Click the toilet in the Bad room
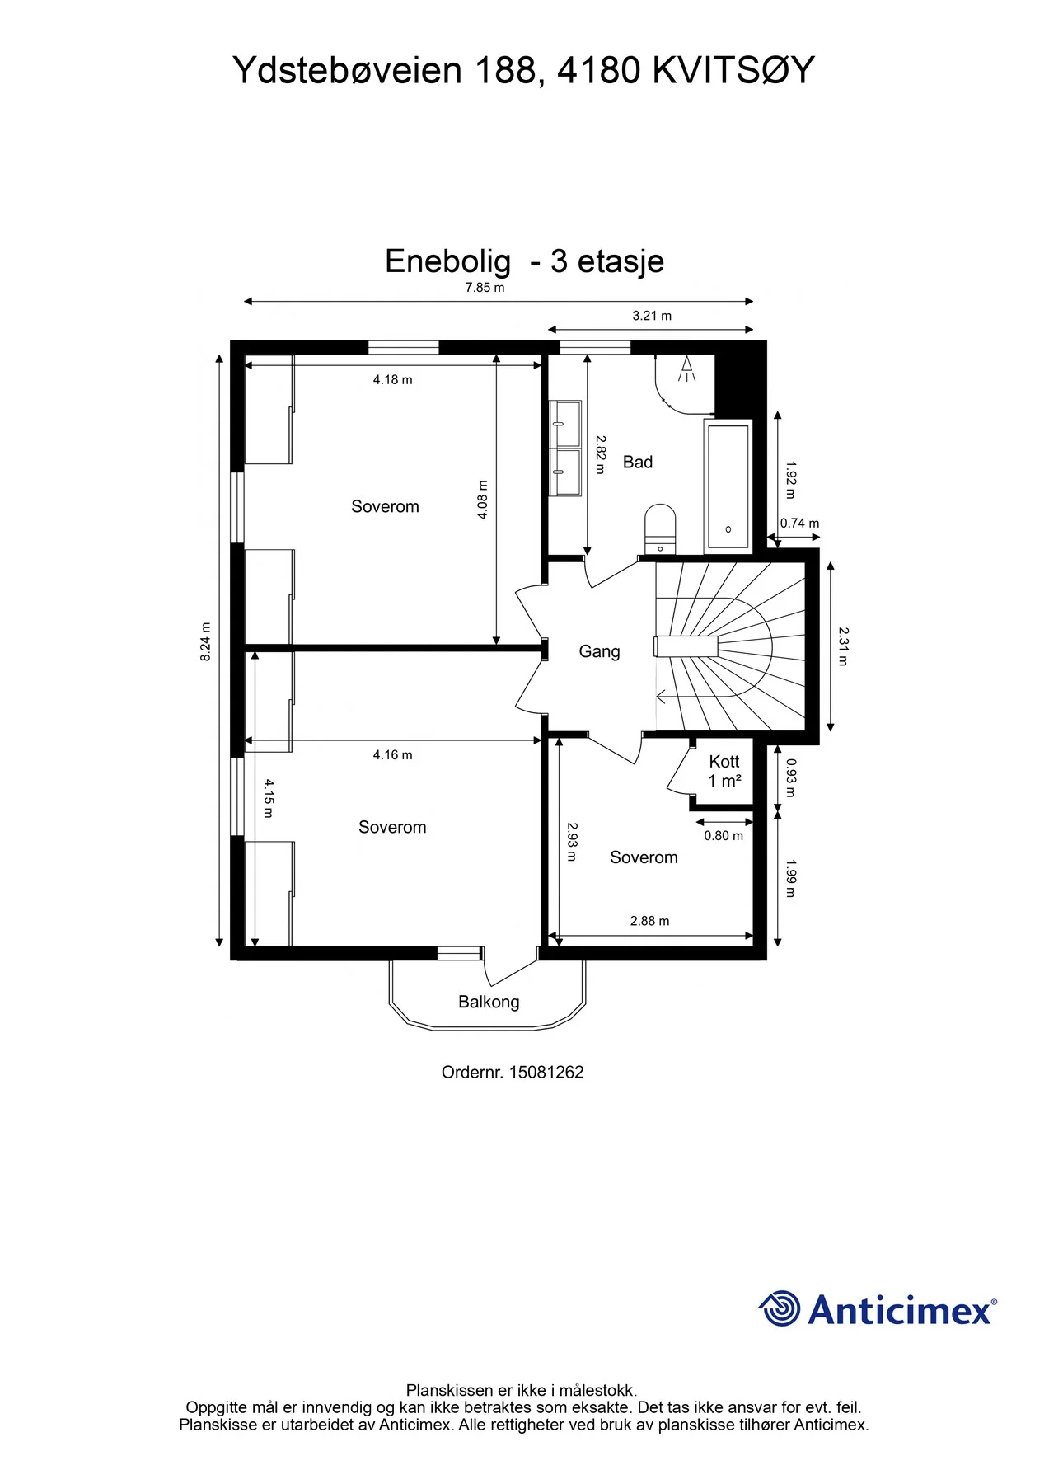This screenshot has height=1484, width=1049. tap(660, 528)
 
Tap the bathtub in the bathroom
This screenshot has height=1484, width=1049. tap(728, 485)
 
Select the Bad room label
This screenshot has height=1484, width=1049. tap(638, 463)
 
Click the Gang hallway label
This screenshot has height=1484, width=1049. tap(599, 651)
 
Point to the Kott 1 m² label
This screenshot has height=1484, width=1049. tap(724, 771)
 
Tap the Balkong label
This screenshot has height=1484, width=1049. tap(489, 1002)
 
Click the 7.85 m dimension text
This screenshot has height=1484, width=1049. tap(485, 288)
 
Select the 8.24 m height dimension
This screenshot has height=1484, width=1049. tap(206, 641)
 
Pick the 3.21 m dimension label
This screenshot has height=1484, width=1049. tap(652, 316)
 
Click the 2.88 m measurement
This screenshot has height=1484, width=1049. tap(649, 921)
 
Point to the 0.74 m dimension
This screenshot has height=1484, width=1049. tap(799, 524)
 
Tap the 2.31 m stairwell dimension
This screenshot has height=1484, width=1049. tap(843, 646)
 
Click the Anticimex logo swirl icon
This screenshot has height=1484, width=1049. tap(779, 1308)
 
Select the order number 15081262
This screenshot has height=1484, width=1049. tap(546, 1073)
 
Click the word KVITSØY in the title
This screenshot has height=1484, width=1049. tap(733, 71)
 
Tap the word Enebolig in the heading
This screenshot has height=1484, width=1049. tap(447, 261)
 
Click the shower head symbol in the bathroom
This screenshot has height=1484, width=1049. tap(686, 369)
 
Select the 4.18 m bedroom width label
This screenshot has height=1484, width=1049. tap(392, 380)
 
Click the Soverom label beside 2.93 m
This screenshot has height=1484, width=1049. tap(644, 857)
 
